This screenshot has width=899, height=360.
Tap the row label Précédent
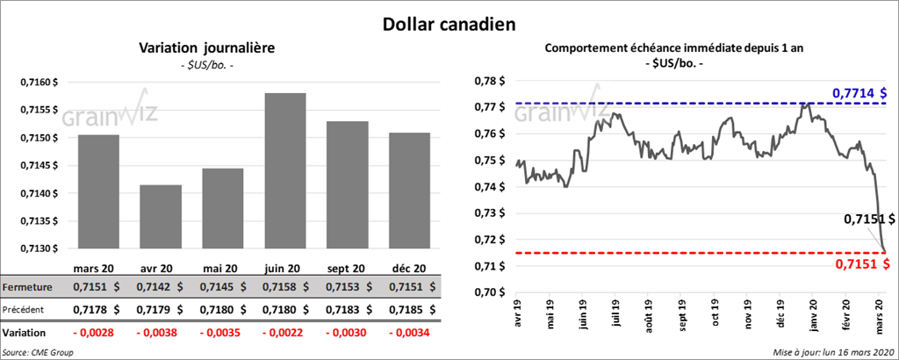coord(26,310)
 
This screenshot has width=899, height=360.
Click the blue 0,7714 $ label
coord(859,92)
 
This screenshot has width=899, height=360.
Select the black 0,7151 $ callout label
coord(868,219)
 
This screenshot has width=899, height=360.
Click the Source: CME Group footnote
coord(38,352)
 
